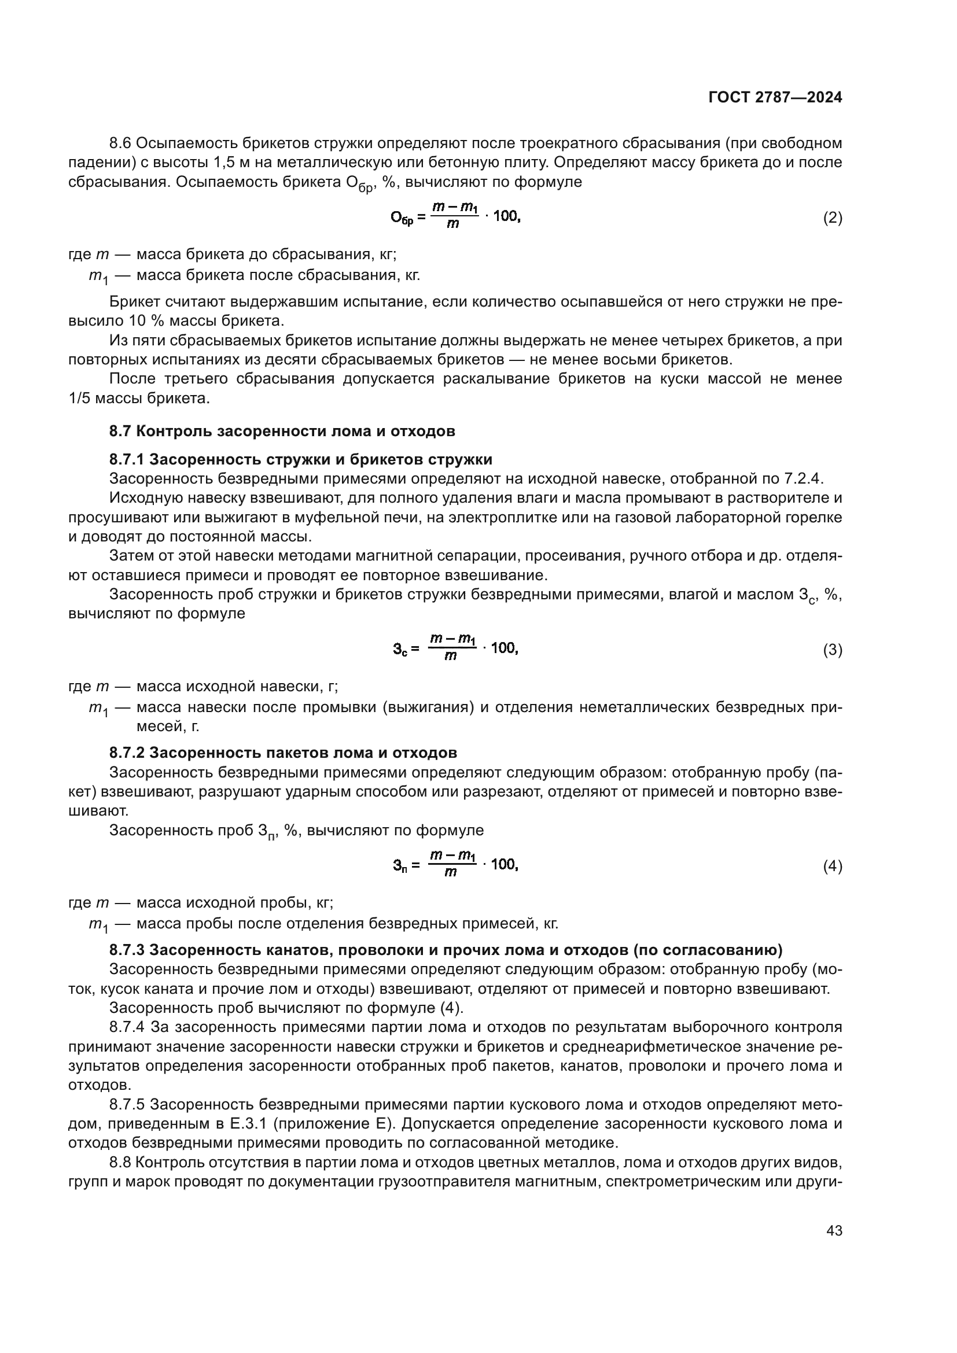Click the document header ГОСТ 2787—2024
click(775, 98)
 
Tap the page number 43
click(834, 1230)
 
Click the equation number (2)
click(832, 218)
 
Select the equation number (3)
click(832, 650)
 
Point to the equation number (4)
click(832, 867)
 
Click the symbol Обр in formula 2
click(403, 218)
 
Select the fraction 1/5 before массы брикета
click(79, 399)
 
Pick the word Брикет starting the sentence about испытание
click(131, 303)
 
